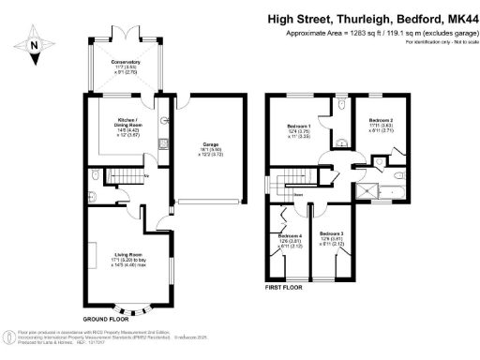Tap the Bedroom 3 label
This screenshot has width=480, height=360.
[x=331, y=235]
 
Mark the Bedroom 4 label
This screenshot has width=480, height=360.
[x=292, y=238]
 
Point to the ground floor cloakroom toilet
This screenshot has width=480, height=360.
[x=97, y=177]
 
